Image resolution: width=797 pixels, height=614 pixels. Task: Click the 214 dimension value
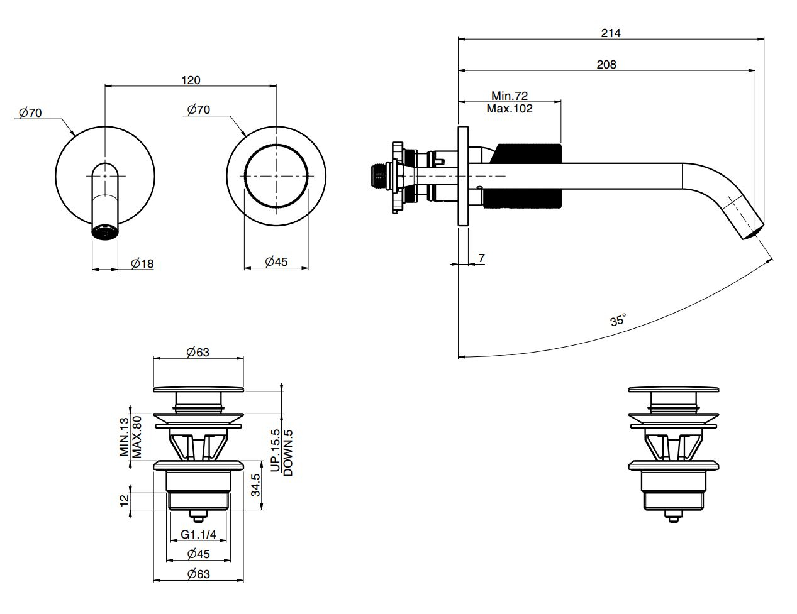[610, 33]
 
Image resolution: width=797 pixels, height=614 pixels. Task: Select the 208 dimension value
[606, 64]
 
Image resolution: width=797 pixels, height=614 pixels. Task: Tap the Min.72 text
[510, 96]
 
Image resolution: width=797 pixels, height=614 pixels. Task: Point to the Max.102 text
[510, 108]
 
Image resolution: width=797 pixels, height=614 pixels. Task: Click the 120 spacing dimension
[191, 80]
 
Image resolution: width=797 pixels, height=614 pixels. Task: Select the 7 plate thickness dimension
[481, 258]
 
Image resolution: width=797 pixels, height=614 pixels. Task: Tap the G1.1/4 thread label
[198, 535]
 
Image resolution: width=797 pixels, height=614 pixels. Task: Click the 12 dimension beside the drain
[124, 500]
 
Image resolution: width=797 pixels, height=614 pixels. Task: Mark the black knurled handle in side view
[528, 177]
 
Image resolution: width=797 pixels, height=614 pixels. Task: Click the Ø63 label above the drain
[198, 353]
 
